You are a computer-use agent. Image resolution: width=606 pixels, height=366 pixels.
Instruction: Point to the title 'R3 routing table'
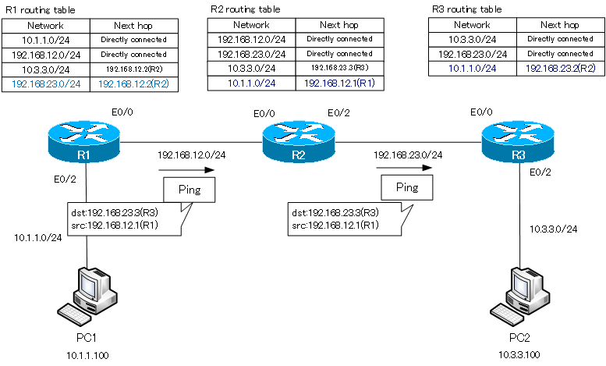466,9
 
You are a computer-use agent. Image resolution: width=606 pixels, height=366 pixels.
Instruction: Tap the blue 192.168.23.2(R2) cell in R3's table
560,69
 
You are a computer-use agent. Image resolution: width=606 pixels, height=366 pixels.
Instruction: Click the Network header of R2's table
251,24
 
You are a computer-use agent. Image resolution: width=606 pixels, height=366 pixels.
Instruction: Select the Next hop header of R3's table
560,24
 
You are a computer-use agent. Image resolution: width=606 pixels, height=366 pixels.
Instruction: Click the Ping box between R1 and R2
189,190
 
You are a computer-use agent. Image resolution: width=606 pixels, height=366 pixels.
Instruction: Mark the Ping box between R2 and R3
407,187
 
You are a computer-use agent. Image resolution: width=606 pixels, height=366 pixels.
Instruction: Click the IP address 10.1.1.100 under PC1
87,356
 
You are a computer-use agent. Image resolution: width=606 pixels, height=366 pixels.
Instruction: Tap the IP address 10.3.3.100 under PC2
519,356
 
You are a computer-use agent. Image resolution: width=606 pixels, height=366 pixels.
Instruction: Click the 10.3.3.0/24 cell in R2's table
251,68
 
